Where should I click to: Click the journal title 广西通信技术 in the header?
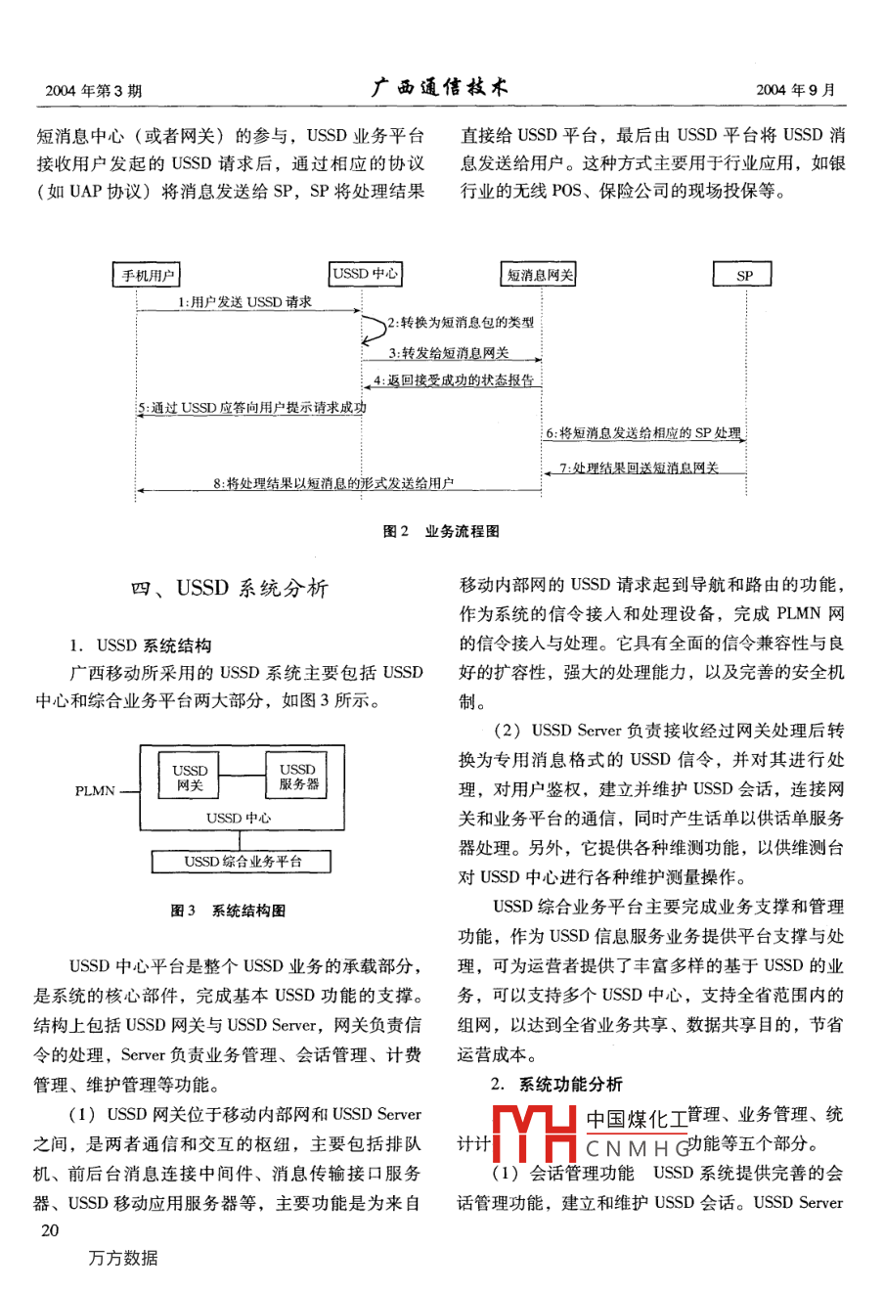pos(440,87)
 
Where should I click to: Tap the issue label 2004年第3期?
pos(93,90)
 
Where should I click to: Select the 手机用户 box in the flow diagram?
pos(148,276)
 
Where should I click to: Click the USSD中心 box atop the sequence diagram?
pos(365,274)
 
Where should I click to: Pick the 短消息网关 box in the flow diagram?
pos(540,276)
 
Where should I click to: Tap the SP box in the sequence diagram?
pos(744,276)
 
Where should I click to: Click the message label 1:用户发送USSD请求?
pos(244,302)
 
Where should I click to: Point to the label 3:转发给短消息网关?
pos(449,353)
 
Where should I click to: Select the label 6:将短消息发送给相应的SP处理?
pos(642,432)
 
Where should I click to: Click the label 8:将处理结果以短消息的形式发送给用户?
pos(333,483)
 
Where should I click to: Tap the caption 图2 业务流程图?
pos(441,531)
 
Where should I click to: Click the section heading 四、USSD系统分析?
pos(230,588)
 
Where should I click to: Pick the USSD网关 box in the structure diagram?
pos(190,778)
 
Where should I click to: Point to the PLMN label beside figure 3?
pos(95,790)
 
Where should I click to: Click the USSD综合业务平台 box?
pos(243,862)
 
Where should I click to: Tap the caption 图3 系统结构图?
pos(228,911)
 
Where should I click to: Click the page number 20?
pos(50,1230)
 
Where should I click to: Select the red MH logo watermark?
pos(533,1133)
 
